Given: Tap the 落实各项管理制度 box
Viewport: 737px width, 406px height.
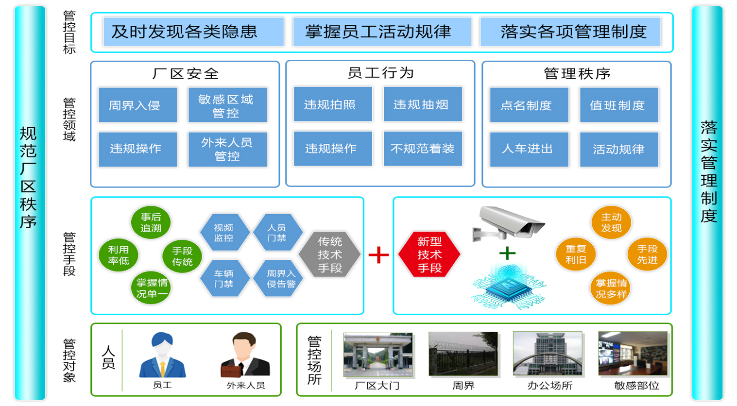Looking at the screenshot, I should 570,32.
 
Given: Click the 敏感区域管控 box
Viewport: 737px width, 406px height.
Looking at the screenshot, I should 227,105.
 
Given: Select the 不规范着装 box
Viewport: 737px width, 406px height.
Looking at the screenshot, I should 423,149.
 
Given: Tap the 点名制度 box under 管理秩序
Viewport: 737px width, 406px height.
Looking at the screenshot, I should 529,105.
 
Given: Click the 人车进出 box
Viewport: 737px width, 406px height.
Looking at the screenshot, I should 529,149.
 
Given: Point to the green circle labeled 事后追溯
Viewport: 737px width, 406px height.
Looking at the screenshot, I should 151,222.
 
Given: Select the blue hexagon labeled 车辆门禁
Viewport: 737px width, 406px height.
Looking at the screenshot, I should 224,278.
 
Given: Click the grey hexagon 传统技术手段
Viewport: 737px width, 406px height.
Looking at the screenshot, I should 330,254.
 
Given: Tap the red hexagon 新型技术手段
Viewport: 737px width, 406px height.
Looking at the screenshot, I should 429,254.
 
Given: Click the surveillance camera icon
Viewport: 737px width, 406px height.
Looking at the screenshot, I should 508,223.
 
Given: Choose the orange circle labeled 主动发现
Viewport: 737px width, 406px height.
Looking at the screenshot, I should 611,222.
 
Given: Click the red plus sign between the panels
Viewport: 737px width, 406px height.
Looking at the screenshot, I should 378,254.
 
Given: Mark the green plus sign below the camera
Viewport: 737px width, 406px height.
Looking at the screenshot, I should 507,253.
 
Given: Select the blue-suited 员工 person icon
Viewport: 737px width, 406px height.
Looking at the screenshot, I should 162,355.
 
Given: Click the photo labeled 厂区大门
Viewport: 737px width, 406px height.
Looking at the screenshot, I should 377,355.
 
